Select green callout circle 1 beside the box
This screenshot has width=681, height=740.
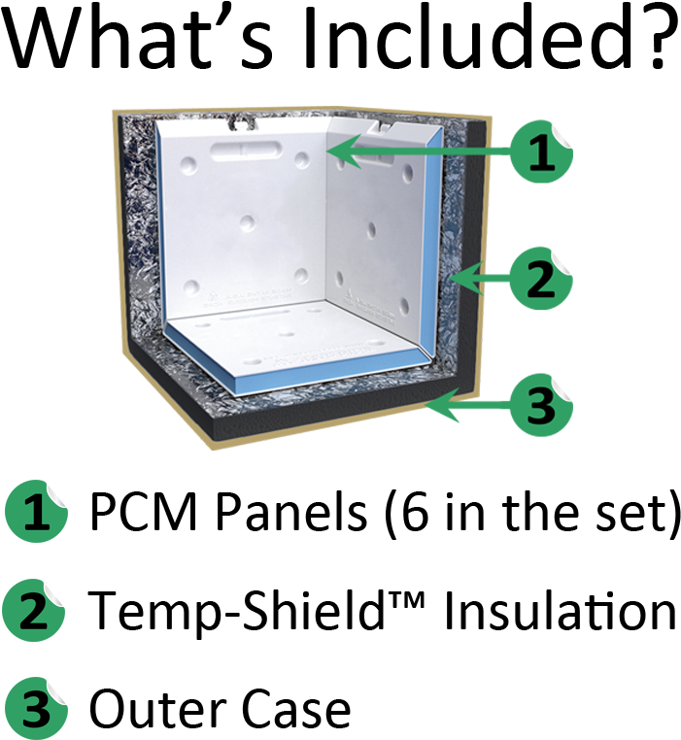click(x=541, y=151)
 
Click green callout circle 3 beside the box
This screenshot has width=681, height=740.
click(x=541, y=405)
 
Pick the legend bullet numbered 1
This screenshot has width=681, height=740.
click(x=36, y=512)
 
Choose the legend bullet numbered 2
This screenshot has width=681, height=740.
click(x=34, y=610)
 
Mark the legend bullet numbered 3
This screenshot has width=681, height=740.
click(x=36, y=709)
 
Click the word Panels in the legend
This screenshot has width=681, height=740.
click(x=291, y=512)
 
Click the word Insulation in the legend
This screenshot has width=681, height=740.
click(x=561, y=610)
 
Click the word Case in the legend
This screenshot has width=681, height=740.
click(x=296, y=709)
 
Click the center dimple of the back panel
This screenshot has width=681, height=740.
click(x=248, y=222)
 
